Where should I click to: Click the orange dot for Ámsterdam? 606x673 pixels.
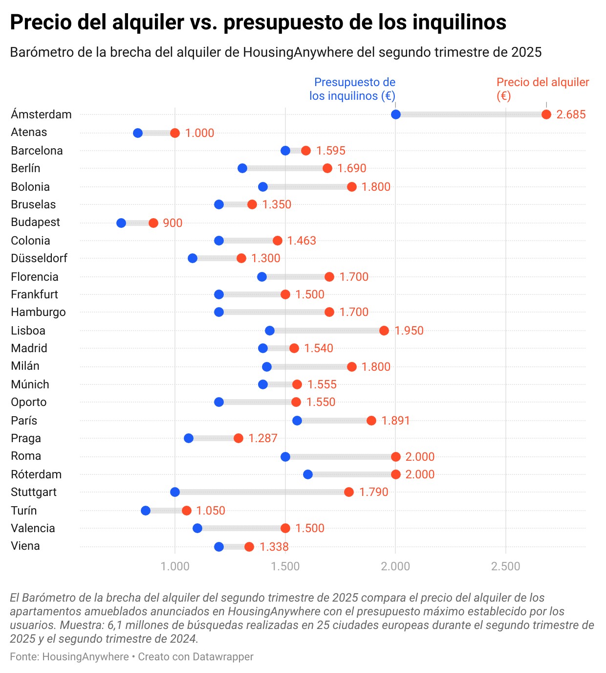click(x=546, y=114)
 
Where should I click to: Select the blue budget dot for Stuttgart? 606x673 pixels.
click(x=175, y=492)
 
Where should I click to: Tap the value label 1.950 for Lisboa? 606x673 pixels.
click(x=409, y=331)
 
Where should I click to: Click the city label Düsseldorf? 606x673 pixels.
click(x=39, y=258)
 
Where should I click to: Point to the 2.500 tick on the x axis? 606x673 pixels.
click(x=506, y=566)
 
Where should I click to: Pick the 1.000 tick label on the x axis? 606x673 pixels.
click(x=175, y=566)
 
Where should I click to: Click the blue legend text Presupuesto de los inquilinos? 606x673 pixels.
click(x=352, y=89)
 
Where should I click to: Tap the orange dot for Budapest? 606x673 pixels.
click(x=153, y=223)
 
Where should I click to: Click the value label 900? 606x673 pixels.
click(x=173, y=223)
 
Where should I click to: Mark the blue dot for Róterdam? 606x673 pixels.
click(x=308, y=474)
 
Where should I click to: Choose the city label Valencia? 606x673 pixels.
click(x=33, y=528)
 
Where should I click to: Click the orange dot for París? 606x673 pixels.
click(x=371, y=421)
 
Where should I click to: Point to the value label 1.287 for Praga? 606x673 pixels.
click(x=263, y=438)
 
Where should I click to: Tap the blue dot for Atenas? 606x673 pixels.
click(x=138, y=133)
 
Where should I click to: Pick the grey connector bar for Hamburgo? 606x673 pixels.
click(x=274, y=312)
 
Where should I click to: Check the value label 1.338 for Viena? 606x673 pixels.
click(x=274, y=547)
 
